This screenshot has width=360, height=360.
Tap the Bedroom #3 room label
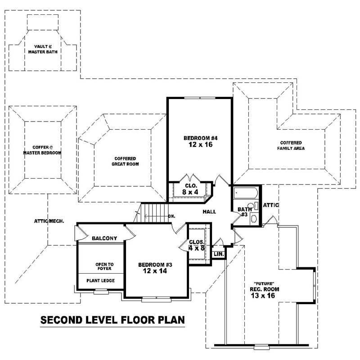point(155,265)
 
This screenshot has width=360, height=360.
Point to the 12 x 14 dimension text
point(155,271)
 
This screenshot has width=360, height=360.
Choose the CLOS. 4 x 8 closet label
point(197,245)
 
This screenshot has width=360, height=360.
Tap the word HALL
point(209,211)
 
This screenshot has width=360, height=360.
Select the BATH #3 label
point(244,211)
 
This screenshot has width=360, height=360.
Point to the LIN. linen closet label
point(219,254)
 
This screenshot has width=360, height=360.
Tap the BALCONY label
point(104,238)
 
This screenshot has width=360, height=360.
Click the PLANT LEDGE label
point(100,281)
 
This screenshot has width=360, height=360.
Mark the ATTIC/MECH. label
point(49,221)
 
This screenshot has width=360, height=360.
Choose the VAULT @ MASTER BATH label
point(44,49)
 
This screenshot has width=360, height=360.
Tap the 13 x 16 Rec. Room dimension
point(264,296)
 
